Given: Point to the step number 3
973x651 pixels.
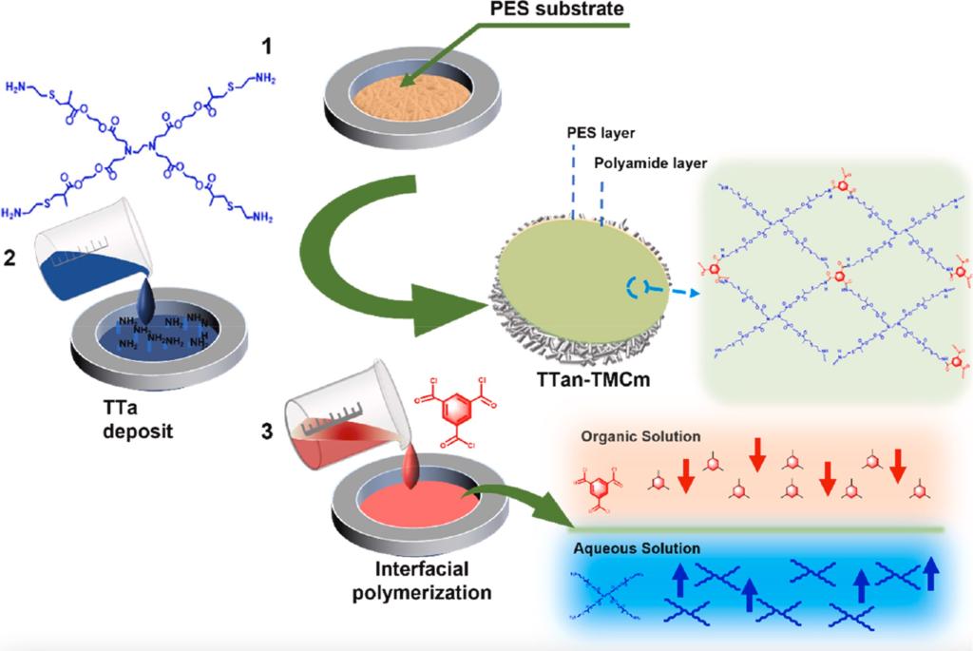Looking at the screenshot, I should tap(268, 433).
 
